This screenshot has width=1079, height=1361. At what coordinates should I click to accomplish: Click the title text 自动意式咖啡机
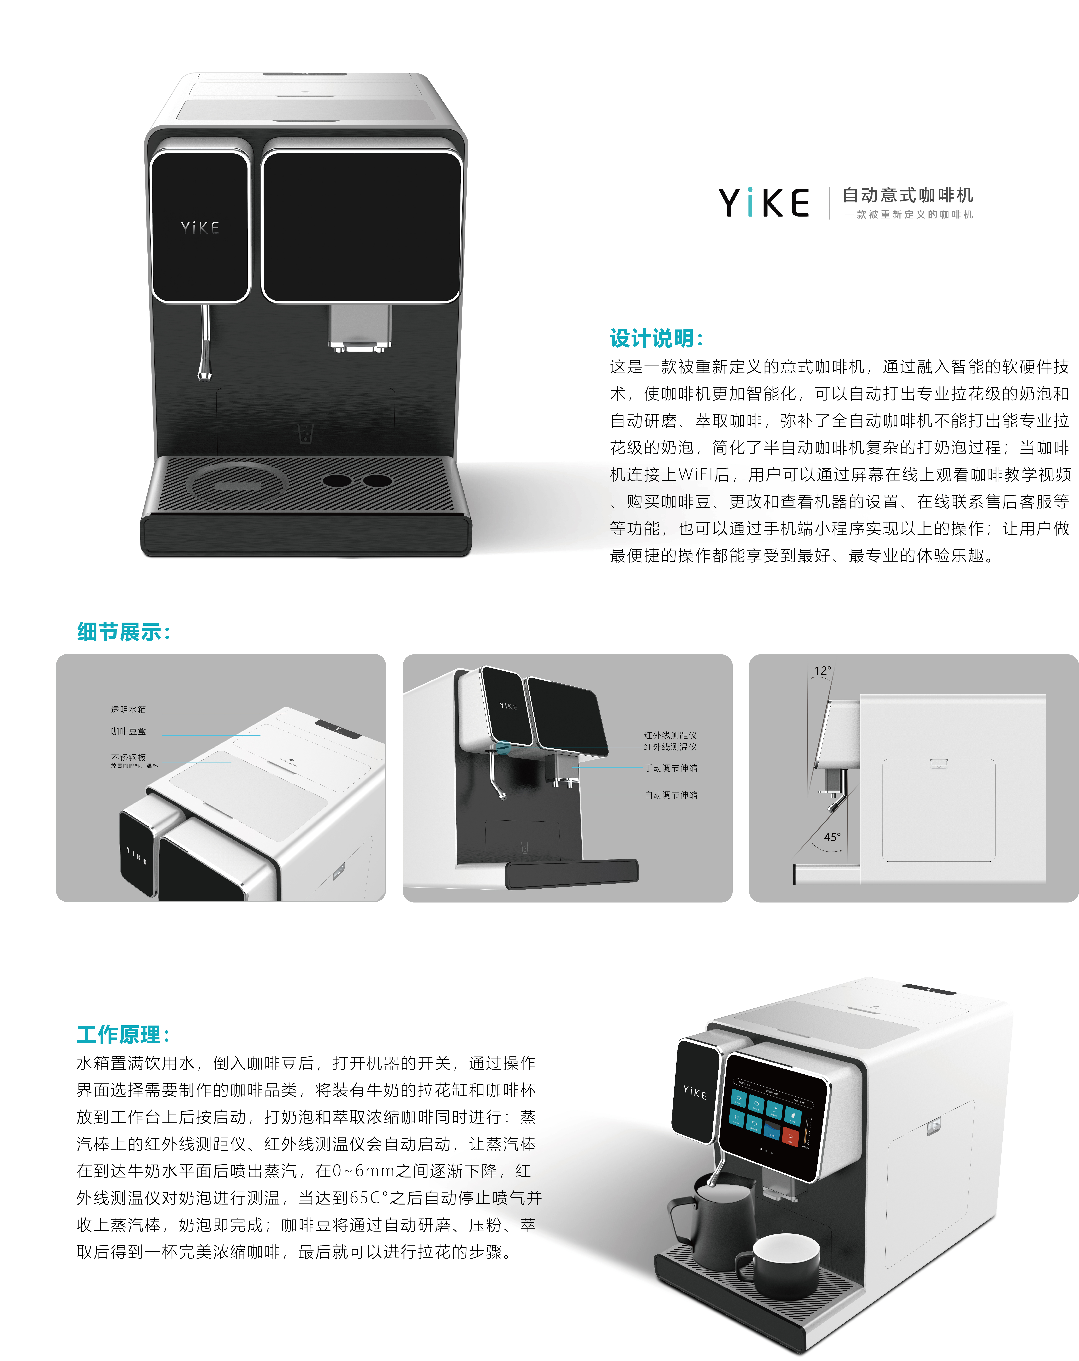(x=907, y=195)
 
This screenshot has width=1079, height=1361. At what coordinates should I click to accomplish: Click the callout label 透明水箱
(x=128, y=709)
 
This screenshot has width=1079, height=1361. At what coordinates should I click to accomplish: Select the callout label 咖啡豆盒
(x=128, y=731)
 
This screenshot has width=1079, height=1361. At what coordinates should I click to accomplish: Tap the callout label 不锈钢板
(x=128, y=758)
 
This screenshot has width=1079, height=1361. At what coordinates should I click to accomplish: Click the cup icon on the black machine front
(x=306, y=434)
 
